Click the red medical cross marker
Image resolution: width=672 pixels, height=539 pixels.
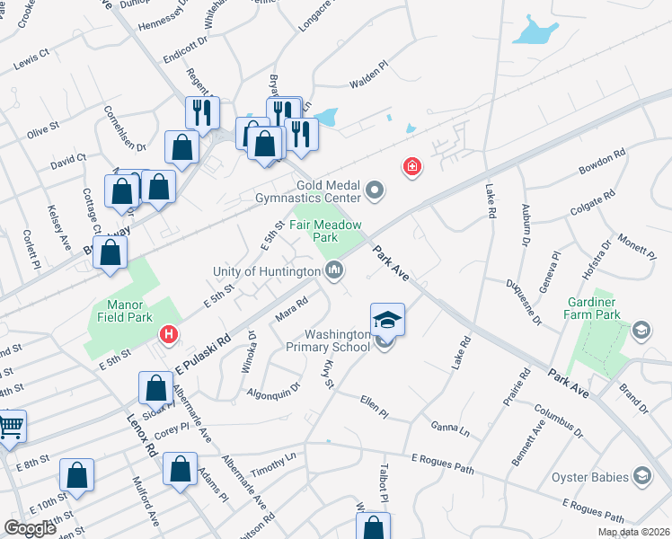[x=412, y=167]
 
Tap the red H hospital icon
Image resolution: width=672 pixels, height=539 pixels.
[x=167, y=336]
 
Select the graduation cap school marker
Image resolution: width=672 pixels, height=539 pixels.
[x=387, y=320]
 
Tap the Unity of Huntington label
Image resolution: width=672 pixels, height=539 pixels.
[x=266, y=271]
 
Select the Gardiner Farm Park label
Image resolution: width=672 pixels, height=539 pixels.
[x=592, y=309]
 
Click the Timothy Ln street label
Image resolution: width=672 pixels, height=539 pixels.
[x=273, y=459]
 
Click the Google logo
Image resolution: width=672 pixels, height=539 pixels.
[x=31, y=528]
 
